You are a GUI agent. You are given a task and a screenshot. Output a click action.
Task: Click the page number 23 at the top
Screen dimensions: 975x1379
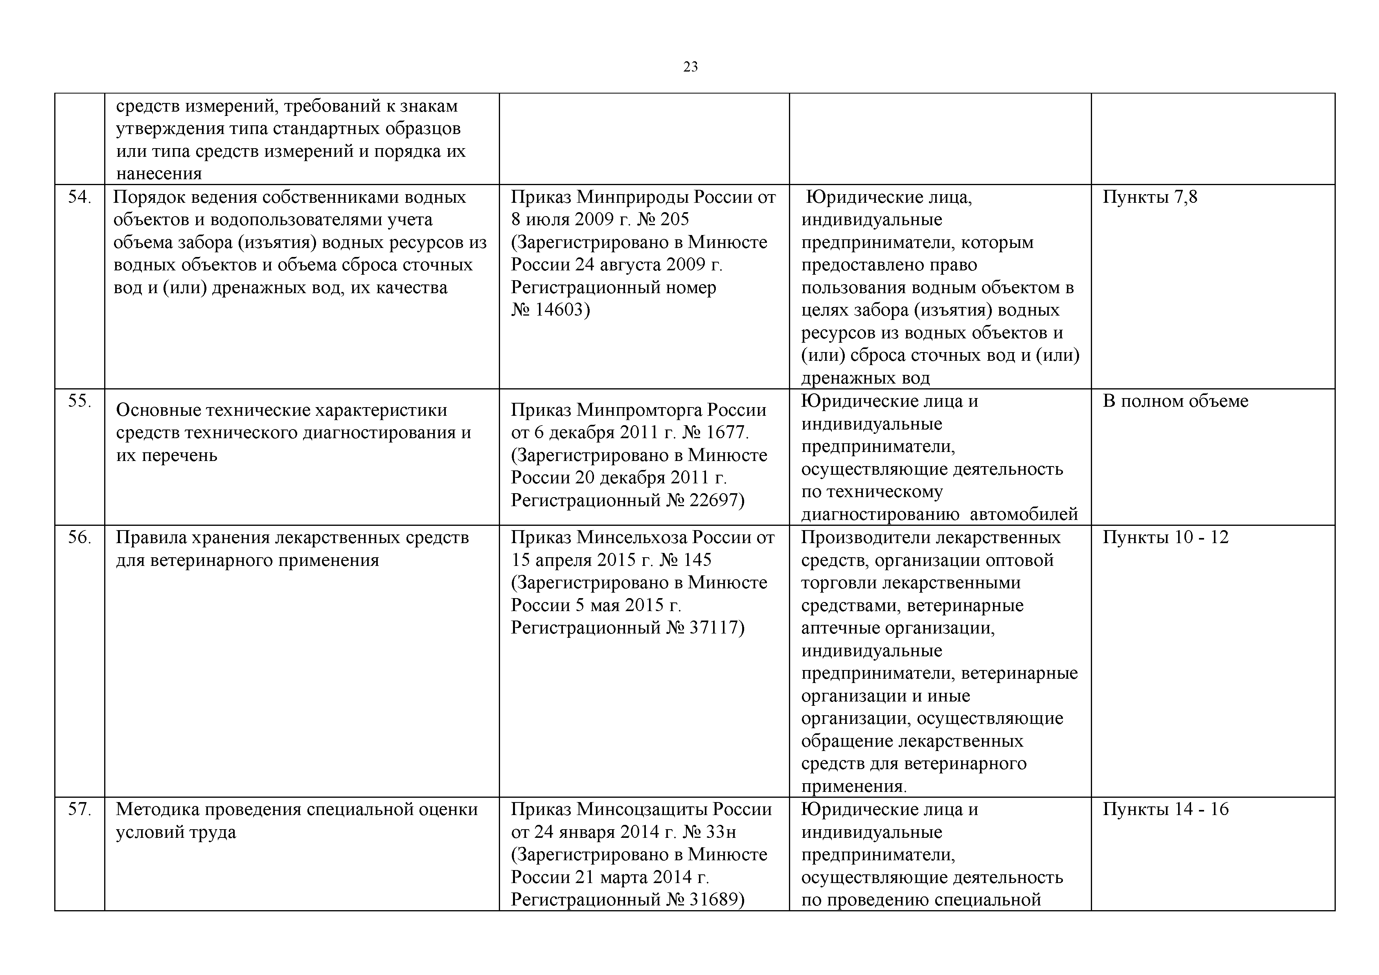point(690,67)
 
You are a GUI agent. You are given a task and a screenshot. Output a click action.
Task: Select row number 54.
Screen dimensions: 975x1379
point(79,197)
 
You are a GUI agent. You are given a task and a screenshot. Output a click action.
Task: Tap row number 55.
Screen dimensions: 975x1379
point(79,400)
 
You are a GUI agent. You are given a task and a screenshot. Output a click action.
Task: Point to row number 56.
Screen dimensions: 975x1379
point(79,537)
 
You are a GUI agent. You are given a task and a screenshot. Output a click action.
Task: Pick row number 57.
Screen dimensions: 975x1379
point(79,809)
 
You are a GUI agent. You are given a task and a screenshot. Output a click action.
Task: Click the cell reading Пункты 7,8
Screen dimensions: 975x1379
point(1149,197)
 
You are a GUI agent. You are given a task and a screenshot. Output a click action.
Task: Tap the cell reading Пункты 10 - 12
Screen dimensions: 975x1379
point(1165,537)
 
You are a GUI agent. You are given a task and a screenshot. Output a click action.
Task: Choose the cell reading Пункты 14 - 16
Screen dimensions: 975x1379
point(1165,809)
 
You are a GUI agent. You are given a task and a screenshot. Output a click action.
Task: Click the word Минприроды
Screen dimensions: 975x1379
point(633,197)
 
